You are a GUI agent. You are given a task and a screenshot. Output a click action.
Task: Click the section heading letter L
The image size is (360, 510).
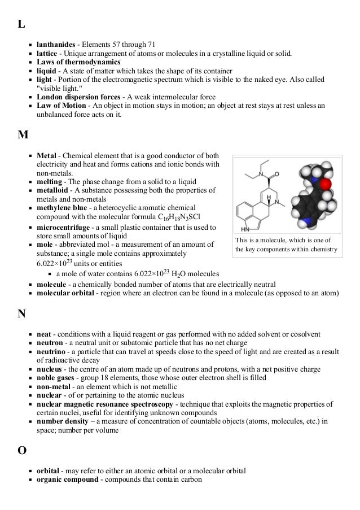click(x=21, y=24)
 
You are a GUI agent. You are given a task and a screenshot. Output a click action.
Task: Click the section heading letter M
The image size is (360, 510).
click(x=23, y=135)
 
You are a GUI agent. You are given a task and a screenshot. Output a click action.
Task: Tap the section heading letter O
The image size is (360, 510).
click(x=22, y=451)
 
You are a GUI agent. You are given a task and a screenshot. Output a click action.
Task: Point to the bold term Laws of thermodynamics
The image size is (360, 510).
click(x=78, y=62)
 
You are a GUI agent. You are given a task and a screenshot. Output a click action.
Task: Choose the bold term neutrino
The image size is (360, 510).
click(x=53, y=351)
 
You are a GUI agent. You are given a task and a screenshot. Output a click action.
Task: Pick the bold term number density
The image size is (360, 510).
click(x=62, y=422)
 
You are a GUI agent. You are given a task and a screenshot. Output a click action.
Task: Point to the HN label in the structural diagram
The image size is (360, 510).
click(x=245, y=230)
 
